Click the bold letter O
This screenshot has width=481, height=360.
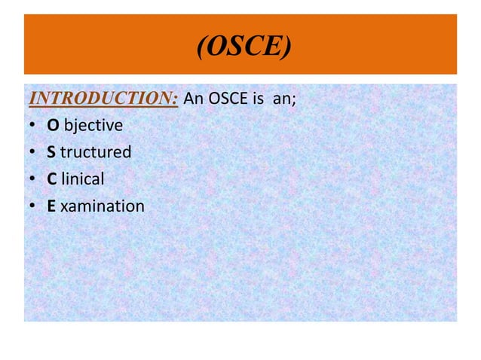coord(53,125)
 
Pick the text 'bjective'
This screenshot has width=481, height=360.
coord(92,125)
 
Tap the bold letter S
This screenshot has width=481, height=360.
coord(52,152)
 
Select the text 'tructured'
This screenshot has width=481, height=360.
coord(96,152)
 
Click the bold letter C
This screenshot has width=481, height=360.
coord(52,178)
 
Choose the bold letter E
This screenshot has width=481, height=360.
coord(51,205)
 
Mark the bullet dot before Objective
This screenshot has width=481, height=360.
coord(33,126)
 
